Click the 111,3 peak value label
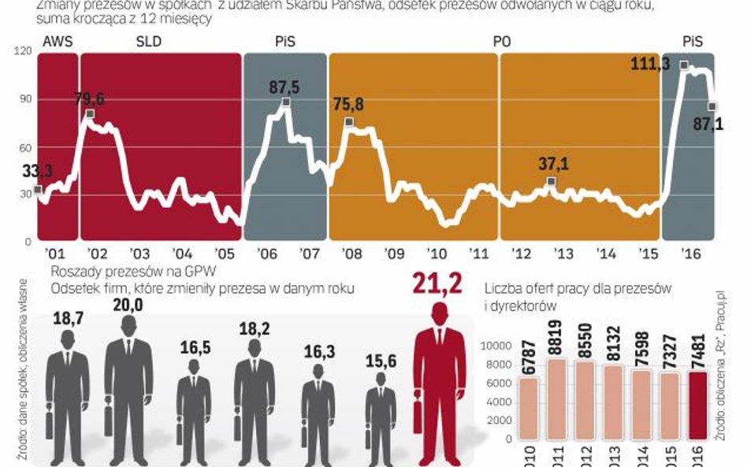(x=650, y=64)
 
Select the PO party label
(x=500, y=43)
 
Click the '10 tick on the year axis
(x=437, y=254)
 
